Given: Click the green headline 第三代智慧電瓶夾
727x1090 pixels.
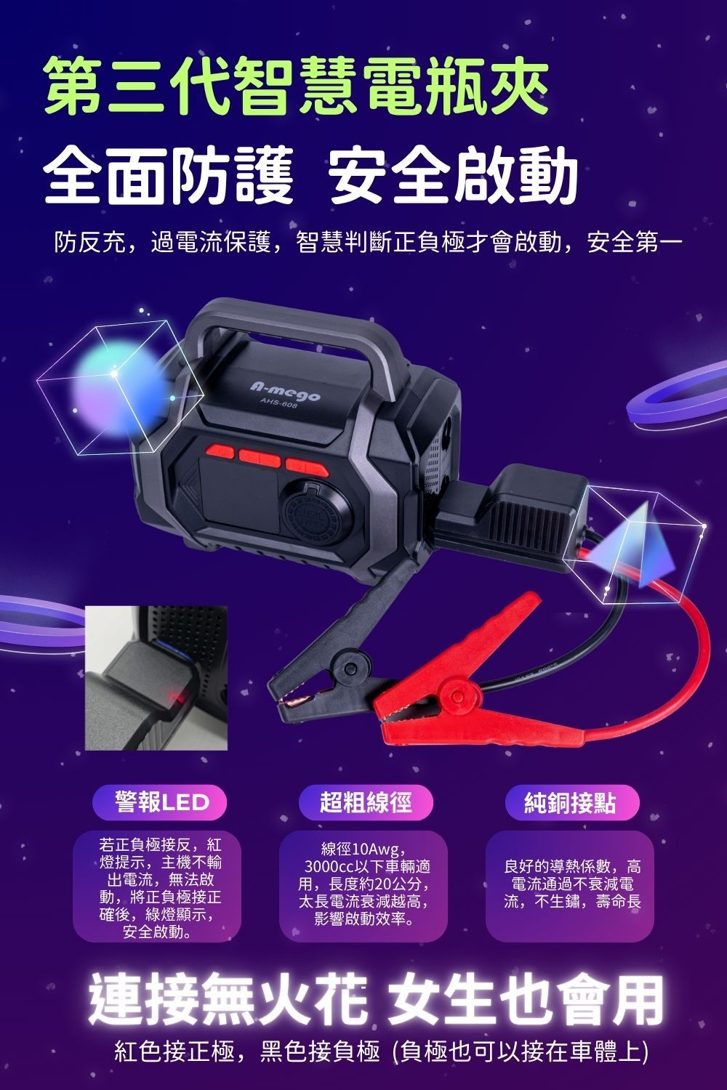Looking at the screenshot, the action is (297, 86).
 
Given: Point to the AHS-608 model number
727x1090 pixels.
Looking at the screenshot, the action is (278, 403).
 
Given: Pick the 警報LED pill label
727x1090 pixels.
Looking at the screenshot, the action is (159, 802).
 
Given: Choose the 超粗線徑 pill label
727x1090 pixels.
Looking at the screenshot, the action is (366, 802).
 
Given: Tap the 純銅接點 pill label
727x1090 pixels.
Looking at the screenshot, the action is (571, 802).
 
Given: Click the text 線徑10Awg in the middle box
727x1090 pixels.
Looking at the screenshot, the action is (363, 849).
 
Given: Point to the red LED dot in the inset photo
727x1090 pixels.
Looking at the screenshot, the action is (176, 699).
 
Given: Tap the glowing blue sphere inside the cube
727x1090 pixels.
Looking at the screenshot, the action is (119, 388).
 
